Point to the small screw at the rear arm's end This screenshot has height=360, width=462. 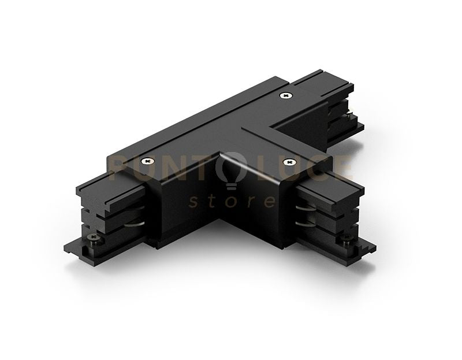351,115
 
